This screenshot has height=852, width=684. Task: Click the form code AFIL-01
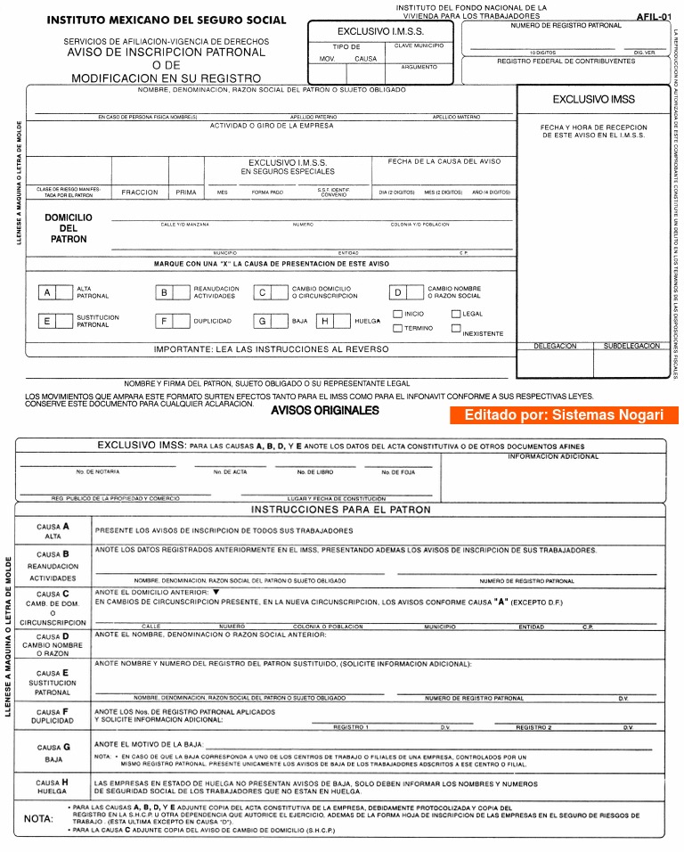[x=654, y=16]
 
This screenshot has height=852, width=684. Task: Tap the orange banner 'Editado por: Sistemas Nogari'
[x=564, y=415]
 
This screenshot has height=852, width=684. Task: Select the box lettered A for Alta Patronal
[x=47, y=292]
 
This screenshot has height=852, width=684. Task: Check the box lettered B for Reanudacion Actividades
[x=164, y=292]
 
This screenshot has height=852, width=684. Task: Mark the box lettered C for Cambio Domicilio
[x=262, y=292]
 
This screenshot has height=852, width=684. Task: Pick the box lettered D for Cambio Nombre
[x=398, y=292]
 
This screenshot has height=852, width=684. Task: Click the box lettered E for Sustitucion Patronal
[x=47, y=321]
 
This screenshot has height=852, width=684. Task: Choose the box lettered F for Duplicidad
[x=164, y=321]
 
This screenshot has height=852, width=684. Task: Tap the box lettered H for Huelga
[x=325, y=321]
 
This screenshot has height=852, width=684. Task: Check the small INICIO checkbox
[x=398, y=314]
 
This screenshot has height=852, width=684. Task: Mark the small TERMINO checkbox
[x=398, y=328]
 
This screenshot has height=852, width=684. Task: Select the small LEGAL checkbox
[x=456, y=314]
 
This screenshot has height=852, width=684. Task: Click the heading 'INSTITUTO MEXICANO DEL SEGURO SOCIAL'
[x=167, y=20]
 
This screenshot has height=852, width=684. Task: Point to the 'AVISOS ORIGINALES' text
[x=325, y=411]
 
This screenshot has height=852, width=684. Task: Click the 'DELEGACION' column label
[x=555, y=346]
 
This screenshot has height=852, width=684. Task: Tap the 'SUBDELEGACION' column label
[x=631, y=346]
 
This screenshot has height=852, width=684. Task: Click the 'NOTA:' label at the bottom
[x=38, y=818]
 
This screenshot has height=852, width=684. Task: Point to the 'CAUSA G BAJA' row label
[x=53, y=753]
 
